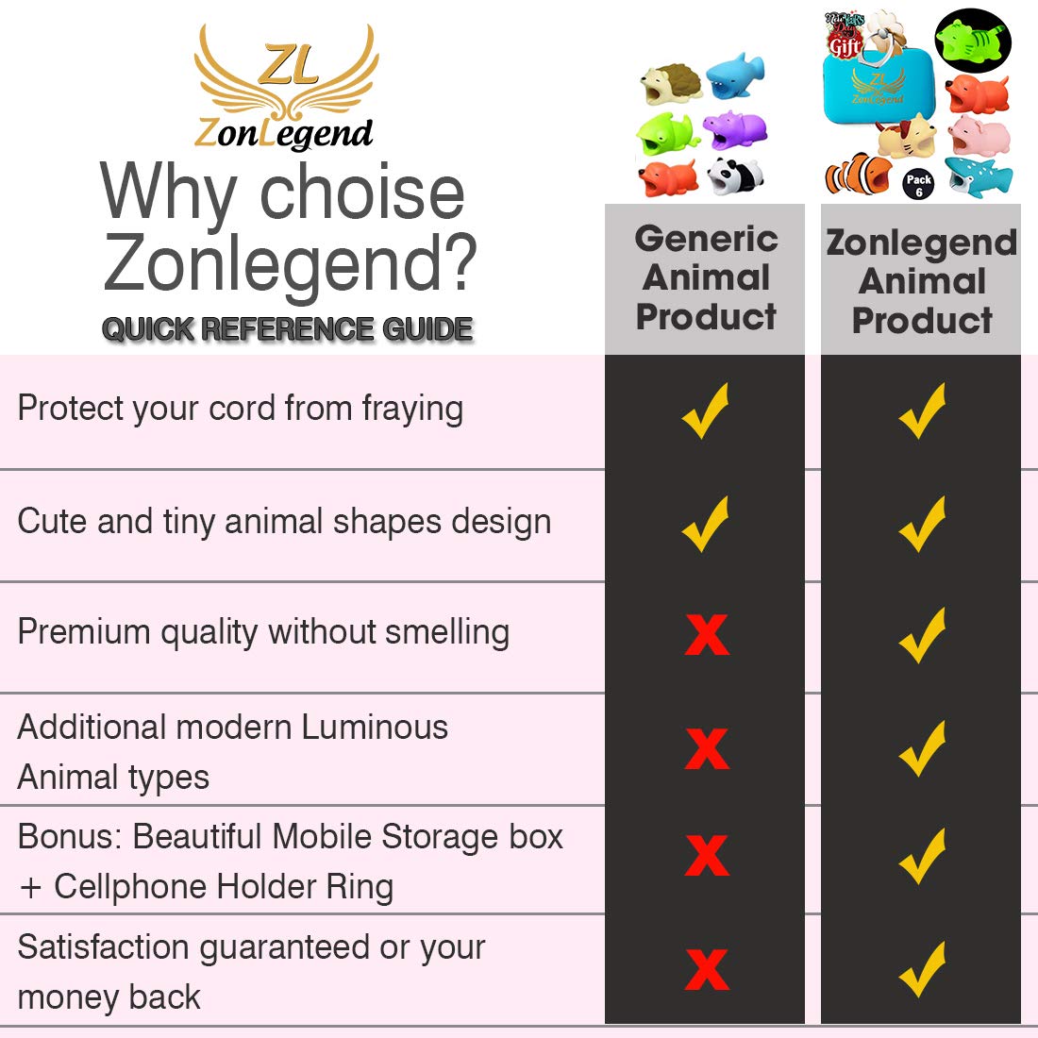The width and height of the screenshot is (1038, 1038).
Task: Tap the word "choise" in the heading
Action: point(362,193)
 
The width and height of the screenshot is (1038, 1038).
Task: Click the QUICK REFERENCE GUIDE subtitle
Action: point(287,329)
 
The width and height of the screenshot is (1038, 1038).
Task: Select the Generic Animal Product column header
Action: point(706,277)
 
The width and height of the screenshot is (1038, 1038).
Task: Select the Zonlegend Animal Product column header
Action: point(921,281)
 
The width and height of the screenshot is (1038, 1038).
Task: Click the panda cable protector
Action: point(735,176)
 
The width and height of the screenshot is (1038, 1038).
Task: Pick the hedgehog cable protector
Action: point(671,83)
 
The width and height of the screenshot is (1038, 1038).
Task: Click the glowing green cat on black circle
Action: point(973,39)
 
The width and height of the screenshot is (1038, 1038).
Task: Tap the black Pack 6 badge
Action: point(919,185)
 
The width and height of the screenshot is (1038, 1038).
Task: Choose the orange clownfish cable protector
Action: point(859,175)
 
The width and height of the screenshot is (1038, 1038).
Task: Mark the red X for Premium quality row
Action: point(707,635)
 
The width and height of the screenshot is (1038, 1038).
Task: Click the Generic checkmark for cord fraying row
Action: point(705,410)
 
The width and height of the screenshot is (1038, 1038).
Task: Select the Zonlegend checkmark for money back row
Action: point(922,969)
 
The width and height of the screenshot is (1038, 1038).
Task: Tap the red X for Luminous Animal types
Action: point(707,749)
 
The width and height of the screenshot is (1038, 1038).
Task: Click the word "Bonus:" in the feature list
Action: point(70,837)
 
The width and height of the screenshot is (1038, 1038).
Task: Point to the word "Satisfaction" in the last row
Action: point(103,947)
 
